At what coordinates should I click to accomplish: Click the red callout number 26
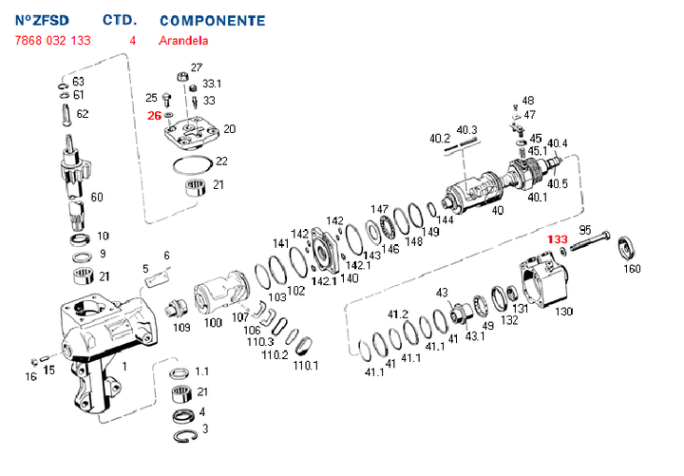pos(154,115)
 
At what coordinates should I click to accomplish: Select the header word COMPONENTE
pos(212,19)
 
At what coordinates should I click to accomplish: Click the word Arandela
pos(182,41)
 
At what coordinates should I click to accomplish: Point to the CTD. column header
pos(120,19)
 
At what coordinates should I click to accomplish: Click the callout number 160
pos(631,269)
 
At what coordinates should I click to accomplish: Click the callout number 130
pos(564,311)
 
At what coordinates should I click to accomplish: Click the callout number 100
pos(213,323)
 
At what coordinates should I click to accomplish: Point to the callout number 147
pos(379,209)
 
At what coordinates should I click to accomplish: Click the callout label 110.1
pos(305,365)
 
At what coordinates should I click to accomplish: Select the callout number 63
pos(79,81)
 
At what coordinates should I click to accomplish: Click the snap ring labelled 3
pos(185,434)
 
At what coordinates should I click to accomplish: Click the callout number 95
pos(585,230)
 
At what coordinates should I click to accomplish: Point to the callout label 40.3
pos(466,129)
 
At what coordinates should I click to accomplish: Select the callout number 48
pos(528,100)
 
